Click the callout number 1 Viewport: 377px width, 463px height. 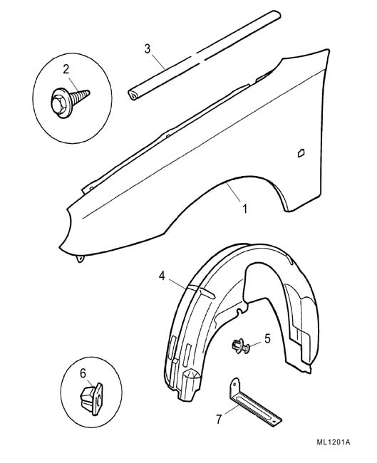click(x=244, y=209)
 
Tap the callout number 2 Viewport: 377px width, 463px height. click(x=66, y=69)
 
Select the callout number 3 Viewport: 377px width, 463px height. click(x=148, y=48)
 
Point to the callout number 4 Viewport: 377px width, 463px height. click(x=162, y=276)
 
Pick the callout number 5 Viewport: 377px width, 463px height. click(x=267, y=338)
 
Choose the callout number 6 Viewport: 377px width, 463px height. click(x=83, y=373)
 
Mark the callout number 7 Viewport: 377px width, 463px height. click(x=219, y=419)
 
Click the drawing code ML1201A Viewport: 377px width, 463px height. click(x=334, y=442)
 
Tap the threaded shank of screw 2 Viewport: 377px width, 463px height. click(x=81, y=96)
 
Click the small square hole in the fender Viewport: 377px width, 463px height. click(x=301, y=153)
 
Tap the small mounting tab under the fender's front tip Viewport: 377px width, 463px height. click(x=80, y=259)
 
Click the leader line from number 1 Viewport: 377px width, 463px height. click(x=234, y=192)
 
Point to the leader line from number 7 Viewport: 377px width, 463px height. click(x=231, y=410)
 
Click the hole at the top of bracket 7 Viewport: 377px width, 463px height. click(x=234, y=384)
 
